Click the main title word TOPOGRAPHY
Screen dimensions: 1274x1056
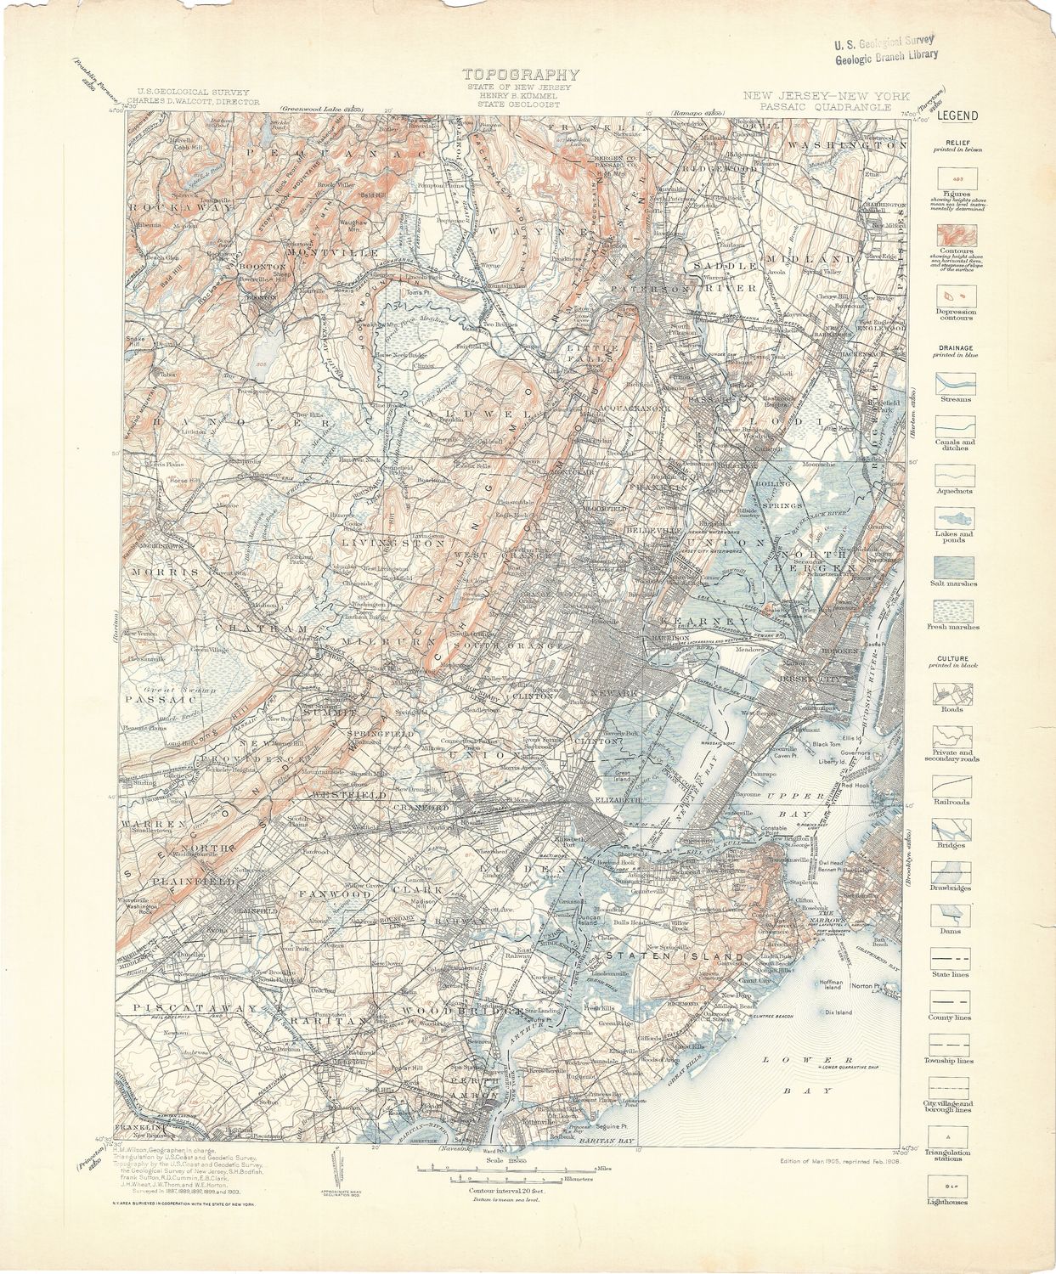coord(521,75)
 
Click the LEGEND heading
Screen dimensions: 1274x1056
coord(957,116)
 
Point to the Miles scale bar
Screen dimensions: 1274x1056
coord(488,1170)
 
